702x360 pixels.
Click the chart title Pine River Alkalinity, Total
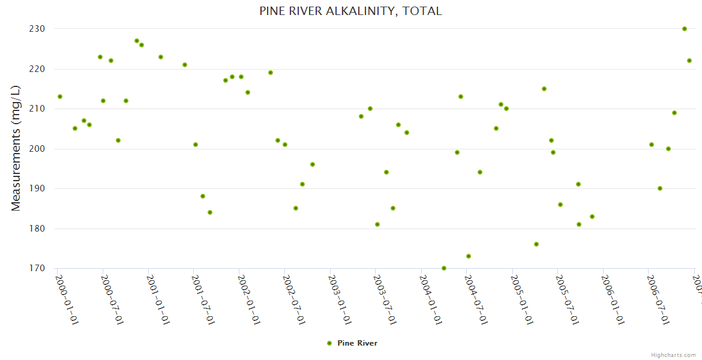coord(350,11)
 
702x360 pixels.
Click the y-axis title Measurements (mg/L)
coord(16,148)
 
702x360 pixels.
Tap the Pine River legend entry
coord(352,343)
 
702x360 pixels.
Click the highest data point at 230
coord(685,29)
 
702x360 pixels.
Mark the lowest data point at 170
coord(444,268)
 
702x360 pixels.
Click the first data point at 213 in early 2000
coord(60,97)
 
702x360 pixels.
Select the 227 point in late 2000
coord(137,41)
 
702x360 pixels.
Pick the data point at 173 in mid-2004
coord(469,256)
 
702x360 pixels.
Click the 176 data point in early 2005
coord(536,244)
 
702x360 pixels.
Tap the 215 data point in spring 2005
coord(544,89)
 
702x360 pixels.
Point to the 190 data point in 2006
coord(660,188)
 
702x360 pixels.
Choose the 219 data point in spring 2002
coord(271,73)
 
